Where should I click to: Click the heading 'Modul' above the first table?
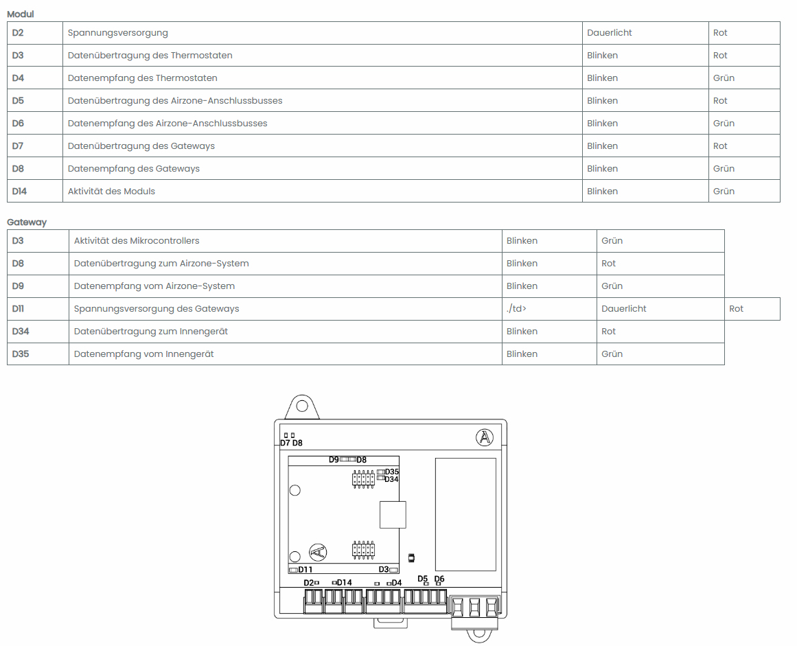click(21, 14)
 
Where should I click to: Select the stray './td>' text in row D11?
click(516, 308)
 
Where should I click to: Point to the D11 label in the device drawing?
click(305, 570)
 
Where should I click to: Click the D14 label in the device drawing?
click(344, 582)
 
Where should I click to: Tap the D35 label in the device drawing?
click(391, 472)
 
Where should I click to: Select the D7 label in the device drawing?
click(285, 443)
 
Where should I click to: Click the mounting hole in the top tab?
click(302, 406)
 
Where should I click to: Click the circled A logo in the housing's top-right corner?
click(485, 437)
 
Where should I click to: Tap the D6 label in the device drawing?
click(439, 579)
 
